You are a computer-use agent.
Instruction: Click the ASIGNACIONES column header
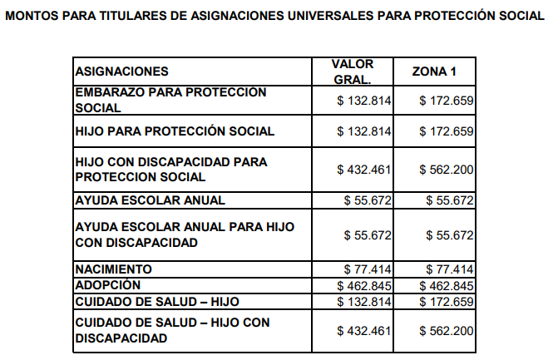click(x=122, y=72)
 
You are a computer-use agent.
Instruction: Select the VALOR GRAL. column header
click(x=352, y=72)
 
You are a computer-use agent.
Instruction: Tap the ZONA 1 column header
click(x=434, y=72)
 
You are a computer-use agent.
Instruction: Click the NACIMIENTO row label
click(x=114, y=269)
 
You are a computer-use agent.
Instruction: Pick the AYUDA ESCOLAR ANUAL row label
click(x=150, y=200)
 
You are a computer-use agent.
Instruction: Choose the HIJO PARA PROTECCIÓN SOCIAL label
click(x=175, y=131)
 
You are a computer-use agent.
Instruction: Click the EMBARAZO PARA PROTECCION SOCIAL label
click(x=170, y=100)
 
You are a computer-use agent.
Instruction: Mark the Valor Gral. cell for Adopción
click(x=364, y=285)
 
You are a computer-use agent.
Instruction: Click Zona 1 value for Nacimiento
click(x=450, y=269)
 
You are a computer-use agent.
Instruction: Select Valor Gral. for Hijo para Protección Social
click(x=364, y=131)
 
